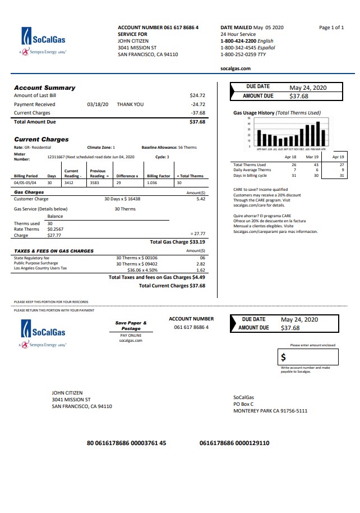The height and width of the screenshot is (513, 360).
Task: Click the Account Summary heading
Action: pos(44,88)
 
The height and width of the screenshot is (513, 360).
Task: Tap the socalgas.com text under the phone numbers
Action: pos(236,68)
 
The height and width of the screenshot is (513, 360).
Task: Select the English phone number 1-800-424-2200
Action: pos(238,41)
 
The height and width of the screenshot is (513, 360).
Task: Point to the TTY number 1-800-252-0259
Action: pos(238,54)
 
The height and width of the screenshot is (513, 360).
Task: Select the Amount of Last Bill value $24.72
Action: pos(197,95)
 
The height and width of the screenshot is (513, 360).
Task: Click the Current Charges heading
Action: pos(41,139)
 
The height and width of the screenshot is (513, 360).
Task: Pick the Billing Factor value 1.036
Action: pos(151,183)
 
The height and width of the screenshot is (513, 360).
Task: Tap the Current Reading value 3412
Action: pos(68,183)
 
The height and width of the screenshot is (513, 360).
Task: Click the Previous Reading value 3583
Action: pos(94,183)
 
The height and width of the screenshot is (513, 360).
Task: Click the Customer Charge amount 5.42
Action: pos(201,199)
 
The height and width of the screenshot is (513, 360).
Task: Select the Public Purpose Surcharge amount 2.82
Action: pos(201,263)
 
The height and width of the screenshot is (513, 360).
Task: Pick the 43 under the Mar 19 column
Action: pos(316,164)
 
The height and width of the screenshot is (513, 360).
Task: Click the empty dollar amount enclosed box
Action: pos(308,357)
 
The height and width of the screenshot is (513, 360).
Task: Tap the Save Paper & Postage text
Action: pos(131,326)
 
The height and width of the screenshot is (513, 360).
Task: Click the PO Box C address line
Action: pos(243,404)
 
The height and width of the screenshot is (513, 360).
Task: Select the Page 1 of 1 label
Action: pos(331,28)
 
